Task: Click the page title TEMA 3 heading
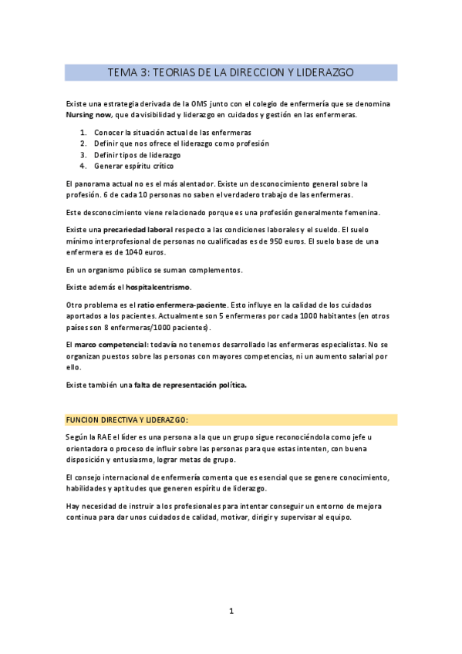pyautogui.click(x=231, y=72)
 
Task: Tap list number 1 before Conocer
pyautogui.click(x=83, y=132)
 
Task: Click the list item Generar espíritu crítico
pyautogui.click(x=133, y=165)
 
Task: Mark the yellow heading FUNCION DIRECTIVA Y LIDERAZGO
pyautogui.click(x=127, y=420)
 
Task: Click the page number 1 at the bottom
pyautogui.click(x=231, y=611)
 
